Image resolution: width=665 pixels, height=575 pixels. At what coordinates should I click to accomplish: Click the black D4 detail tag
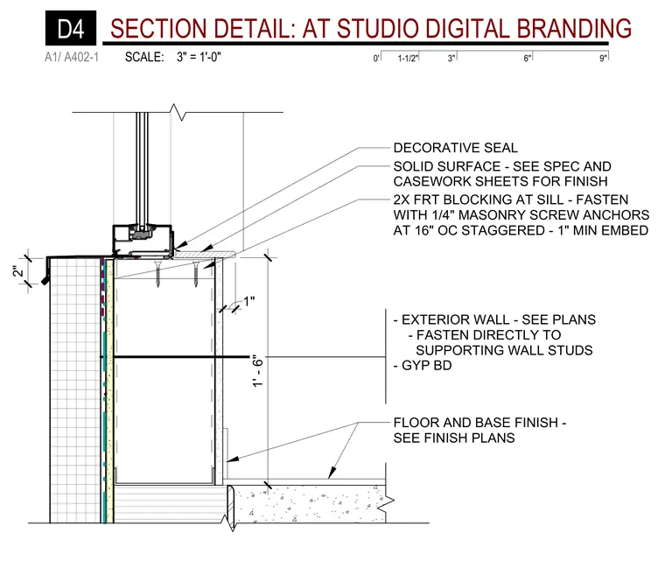point(71,28)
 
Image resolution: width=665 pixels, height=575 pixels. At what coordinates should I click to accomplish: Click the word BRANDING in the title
point(574,28)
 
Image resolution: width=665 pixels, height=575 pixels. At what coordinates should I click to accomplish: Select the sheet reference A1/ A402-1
point(72,57)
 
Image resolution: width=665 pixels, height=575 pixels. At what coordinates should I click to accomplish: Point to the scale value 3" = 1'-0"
point(199,57)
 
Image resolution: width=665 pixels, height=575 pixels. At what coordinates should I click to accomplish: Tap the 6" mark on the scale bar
point(527,58)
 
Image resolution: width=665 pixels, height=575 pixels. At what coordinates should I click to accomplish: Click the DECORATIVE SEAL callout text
point(456,148)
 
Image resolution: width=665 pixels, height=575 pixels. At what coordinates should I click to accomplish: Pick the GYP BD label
point(427,365)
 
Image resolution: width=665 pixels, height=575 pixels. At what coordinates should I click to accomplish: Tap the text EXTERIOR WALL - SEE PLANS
point(499,319)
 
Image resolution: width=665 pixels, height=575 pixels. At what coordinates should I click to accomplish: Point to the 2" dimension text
point(18,270)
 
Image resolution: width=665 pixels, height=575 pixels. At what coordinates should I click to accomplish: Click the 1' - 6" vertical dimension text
point(258,371)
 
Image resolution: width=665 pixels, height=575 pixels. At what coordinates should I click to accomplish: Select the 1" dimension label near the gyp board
point(249,301)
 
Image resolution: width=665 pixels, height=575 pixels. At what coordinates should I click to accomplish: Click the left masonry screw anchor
point(157,274)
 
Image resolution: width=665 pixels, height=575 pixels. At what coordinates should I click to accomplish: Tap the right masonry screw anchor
point(195,274)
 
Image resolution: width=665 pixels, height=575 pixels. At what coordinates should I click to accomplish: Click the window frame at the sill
point(143,241)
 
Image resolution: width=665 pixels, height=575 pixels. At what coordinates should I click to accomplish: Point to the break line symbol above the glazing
point(178,112)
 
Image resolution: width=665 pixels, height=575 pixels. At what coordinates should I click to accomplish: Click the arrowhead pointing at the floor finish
point(332,473)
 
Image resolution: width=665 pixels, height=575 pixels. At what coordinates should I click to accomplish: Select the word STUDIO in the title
point(378,28)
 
